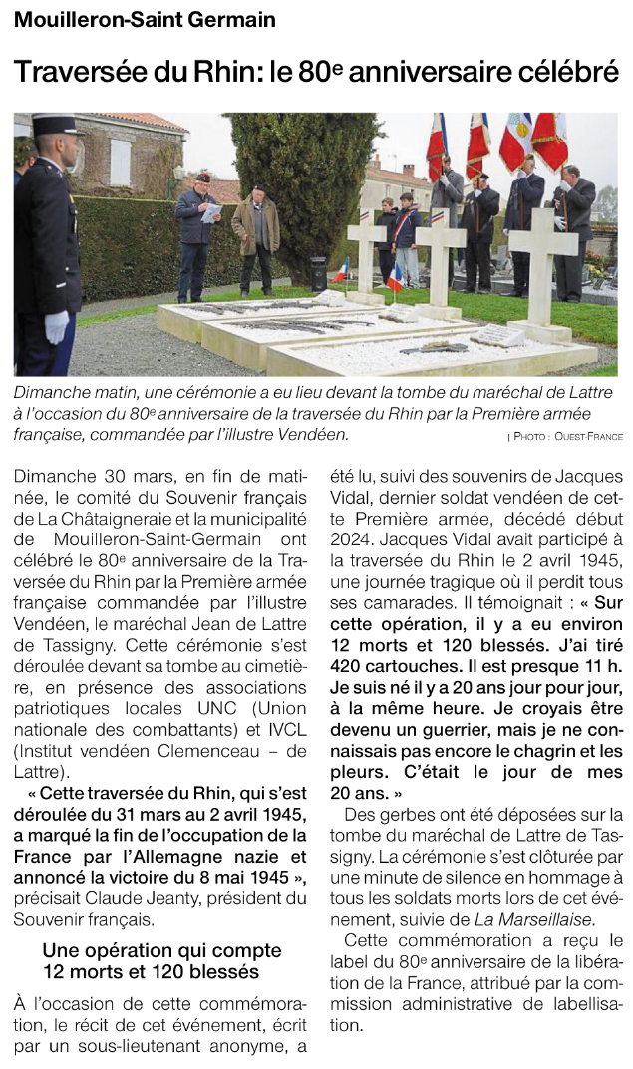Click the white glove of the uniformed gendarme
(57, 326)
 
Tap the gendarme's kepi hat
(54, 126)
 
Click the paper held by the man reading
(210, 212)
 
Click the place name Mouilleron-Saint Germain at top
(146, 20)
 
